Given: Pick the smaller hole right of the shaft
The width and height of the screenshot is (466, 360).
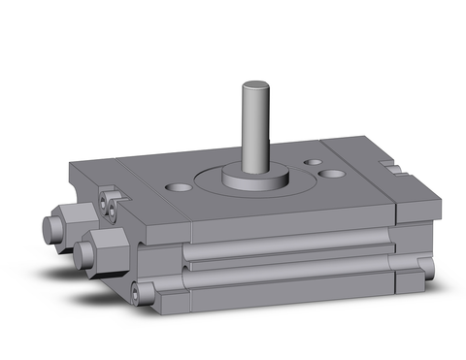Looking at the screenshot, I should point(314,163).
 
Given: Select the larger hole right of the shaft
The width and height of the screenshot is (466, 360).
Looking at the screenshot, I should point(333,174).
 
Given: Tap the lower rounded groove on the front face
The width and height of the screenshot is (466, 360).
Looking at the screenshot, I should point(291,276).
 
